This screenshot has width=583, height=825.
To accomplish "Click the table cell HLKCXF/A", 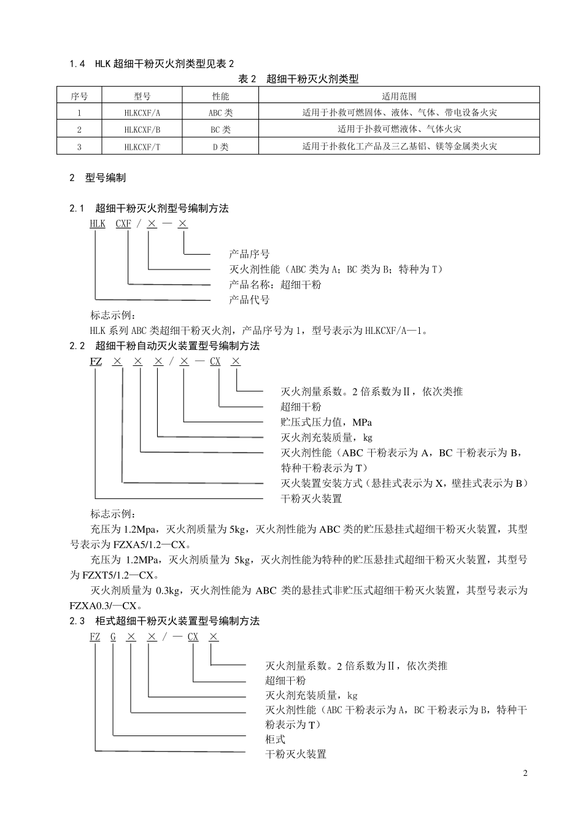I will coord(142,113).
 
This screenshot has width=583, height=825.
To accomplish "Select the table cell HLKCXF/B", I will coord(142,130).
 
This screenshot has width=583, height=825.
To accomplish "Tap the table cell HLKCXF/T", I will coord(142,147).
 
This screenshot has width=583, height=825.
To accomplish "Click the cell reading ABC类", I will coord(220,113).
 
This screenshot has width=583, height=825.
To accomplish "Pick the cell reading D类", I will coord(220,147).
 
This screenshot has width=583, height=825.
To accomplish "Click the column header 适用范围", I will coord(399,96).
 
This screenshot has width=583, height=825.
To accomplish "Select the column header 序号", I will coord(79,96).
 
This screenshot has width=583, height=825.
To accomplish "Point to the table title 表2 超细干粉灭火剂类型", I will coord(298,79).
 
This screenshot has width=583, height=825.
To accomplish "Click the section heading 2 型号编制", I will coord(98,178).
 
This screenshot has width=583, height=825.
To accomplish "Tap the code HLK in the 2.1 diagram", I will coord(98,223).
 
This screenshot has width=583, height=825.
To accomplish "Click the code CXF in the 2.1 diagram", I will coord(123,223).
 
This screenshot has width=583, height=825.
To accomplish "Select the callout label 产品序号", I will coord(249,254).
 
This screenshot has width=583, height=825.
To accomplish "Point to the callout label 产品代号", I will coord(249,300).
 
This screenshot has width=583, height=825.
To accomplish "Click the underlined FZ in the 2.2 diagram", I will coord(96,362).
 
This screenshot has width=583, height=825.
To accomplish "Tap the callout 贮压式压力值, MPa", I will coord(326,422).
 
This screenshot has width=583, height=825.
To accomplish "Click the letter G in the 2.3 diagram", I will coord(113,637).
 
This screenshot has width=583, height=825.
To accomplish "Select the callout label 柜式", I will coord(276,740).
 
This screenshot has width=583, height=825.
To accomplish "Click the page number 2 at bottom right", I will coord(525,773).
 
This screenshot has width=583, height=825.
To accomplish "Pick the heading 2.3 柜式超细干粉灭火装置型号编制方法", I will coord(164,621).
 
